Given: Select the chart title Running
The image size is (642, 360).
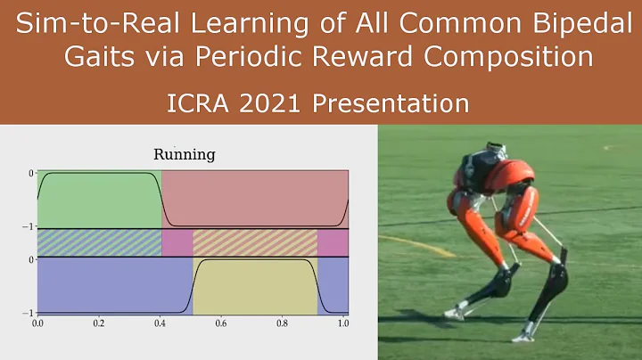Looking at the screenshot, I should click(x=185, y=155).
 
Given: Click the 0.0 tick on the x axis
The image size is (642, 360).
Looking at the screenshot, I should click(x=37, y=324).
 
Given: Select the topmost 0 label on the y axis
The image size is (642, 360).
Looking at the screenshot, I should click(x=30, y=173).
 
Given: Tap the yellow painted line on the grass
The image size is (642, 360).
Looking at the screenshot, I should click(x=410, y=241).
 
